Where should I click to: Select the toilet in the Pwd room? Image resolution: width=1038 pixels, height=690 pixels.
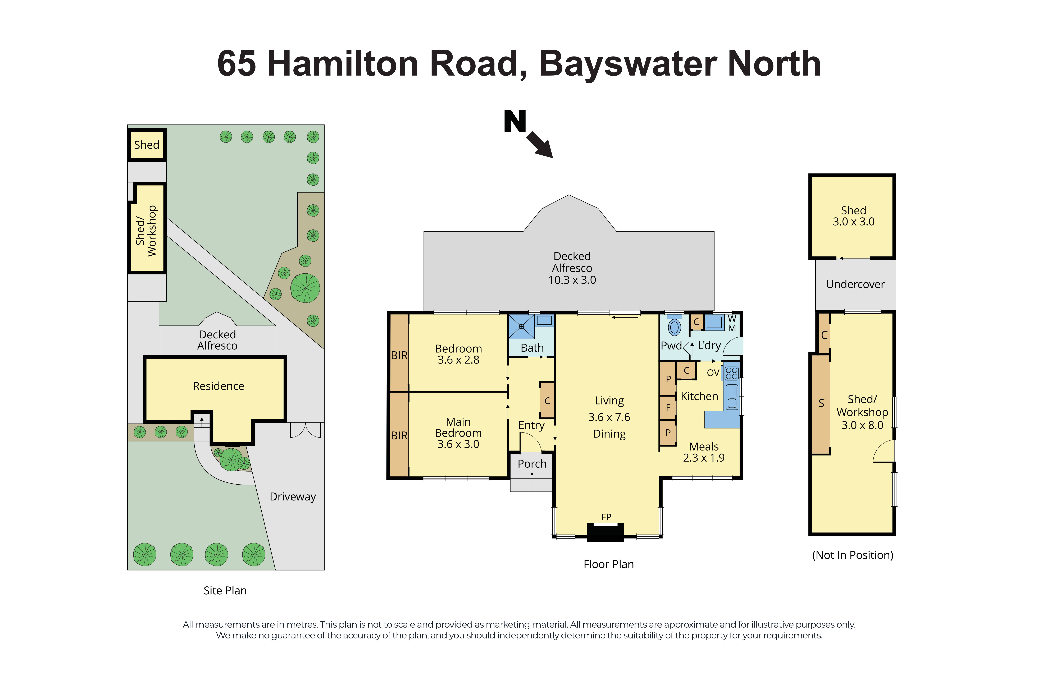pos(674,327)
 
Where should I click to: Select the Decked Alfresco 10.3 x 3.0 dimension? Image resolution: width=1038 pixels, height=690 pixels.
pos(572,280)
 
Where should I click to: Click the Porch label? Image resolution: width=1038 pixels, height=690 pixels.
pos(532,464)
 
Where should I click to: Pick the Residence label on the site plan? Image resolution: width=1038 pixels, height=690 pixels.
pos(218,386)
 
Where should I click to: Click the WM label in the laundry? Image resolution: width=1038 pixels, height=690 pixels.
pos(732,323)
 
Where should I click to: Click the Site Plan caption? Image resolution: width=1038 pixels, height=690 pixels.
pos(225,591)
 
